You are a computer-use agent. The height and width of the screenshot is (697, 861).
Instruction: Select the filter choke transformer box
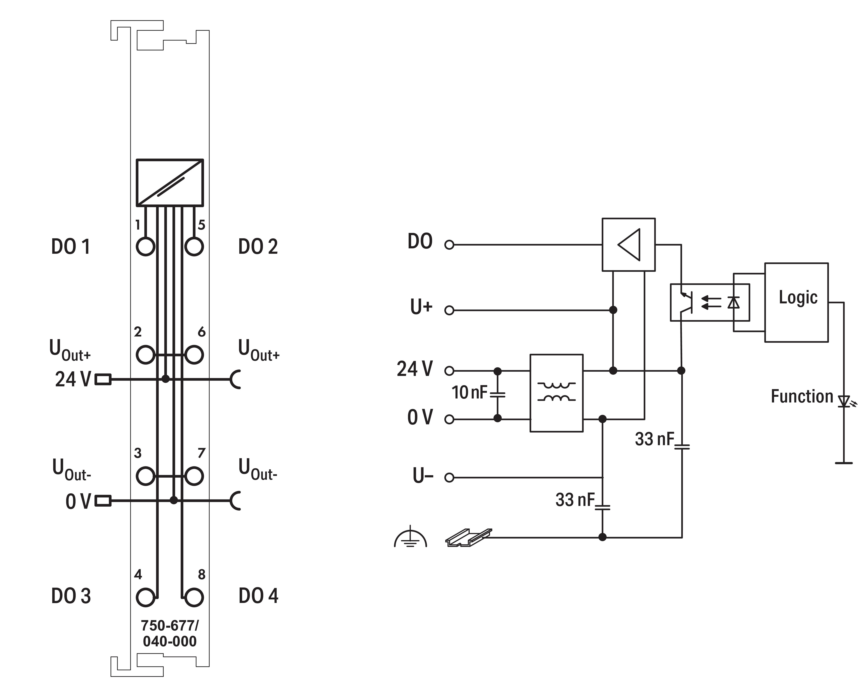[556, 393]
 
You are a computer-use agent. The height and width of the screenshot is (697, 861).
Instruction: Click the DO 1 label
[71, 246]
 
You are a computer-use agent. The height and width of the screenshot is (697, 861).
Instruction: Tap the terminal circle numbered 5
[194, 246]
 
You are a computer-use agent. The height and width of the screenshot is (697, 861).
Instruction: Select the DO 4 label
[258, 596]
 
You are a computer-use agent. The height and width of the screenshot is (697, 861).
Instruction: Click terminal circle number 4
[145, 597]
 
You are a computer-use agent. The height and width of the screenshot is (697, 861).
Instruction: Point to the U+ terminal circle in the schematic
[449, 310]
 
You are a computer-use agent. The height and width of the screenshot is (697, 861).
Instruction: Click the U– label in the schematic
[423, 476]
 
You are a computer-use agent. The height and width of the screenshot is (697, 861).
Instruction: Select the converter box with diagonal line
[170, 183]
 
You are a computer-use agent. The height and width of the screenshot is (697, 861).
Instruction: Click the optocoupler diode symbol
[733, 302]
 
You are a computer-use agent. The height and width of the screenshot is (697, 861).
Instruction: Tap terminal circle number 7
[194, 476]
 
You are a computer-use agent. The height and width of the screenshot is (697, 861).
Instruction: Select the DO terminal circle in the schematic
[449, 245]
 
